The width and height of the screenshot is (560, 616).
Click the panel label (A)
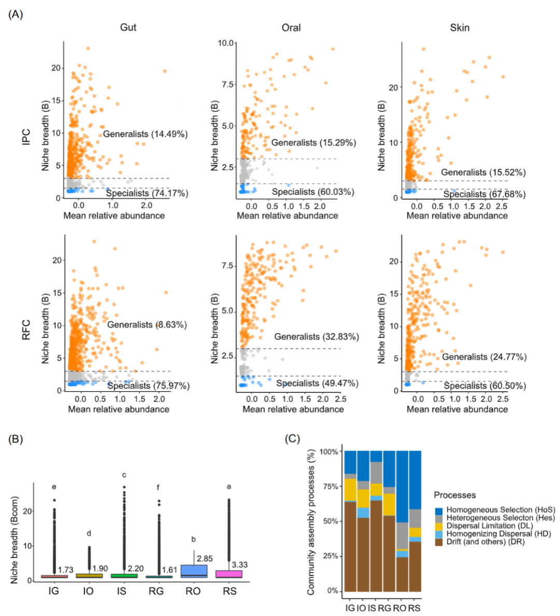[16, 14]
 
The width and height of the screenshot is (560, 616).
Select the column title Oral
[291, 28]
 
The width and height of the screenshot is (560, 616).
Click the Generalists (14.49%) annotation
[145, 134]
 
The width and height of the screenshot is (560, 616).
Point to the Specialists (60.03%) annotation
[313, 192]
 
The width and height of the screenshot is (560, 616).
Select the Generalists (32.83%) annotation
[316, 336]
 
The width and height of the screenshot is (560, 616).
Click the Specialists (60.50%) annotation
[484, 386]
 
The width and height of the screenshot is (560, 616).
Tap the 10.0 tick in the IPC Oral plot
[226, 43]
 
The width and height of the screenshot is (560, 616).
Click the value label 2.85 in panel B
[205, 558]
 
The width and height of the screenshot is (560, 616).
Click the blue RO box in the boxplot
[193, 571]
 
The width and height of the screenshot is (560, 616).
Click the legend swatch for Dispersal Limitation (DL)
[440, 526]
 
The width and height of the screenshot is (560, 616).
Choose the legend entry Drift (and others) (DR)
[485, 542]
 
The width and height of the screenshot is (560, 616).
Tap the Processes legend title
[455, 495]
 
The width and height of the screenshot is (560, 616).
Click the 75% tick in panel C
[330, 486]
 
